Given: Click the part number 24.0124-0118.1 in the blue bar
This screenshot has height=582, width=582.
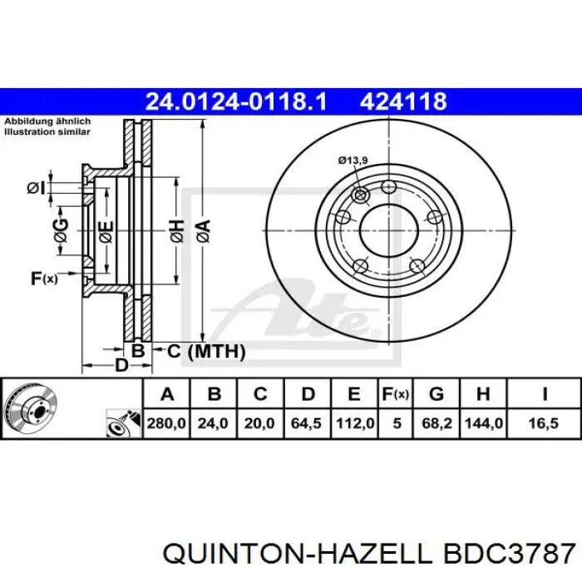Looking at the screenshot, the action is [236, 101].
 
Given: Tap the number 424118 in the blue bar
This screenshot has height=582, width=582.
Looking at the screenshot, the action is [403, 101].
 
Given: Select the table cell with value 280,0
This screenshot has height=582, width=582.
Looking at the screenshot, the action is [166, 423].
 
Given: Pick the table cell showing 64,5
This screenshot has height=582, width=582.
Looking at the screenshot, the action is [306, 423].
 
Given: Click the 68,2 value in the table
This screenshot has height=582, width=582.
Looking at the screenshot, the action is [436, 423].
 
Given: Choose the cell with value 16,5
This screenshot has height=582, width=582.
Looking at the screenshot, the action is [544, 423].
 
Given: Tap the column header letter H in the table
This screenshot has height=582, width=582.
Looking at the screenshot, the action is [483, 394].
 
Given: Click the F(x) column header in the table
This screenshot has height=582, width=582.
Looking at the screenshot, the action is [396, 394].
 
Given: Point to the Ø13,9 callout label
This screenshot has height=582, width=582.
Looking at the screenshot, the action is [353, 160].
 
